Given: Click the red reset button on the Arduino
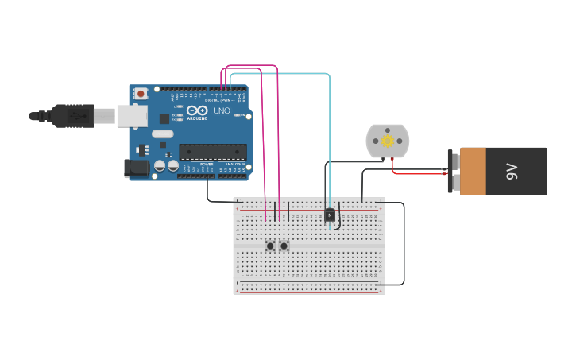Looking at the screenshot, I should coord(141,94).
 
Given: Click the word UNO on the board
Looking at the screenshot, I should coord(222,110).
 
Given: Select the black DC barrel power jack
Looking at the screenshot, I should coord(137,168).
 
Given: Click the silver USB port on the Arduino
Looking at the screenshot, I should coord(132,116).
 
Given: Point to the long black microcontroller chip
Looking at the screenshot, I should coord(212,151).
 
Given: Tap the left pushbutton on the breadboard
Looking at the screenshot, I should coord(270,246).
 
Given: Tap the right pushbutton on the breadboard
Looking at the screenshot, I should coord(284,246).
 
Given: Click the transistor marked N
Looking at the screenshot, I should coord(330,215).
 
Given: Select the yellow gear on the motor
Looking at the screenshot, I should coord(388,141).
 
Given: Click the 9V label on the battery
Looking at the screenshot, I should coord(512,171).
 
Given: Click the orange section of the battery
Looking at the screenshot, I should coord(473,171).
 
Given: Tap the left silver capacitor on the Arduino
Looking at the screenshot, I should coord(160,166).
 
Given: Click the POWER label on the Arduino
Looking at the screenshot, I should coord(207,164).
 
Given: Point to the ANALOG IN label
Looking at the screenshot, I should coord(234,164).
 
